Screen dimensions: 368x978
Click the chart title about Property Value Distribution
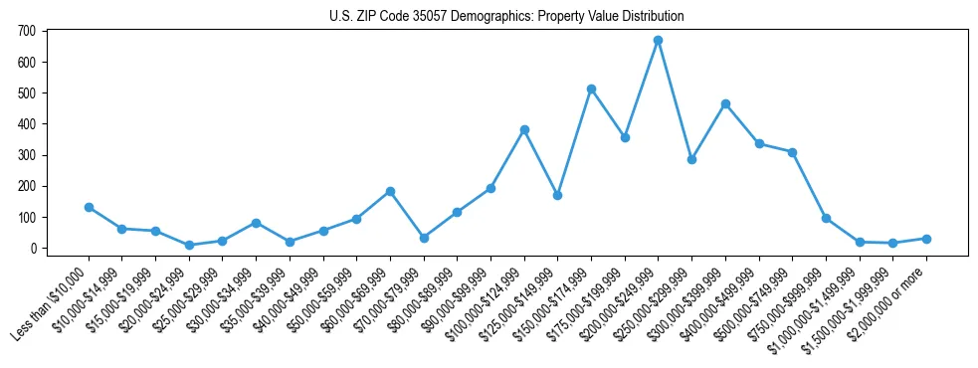506,17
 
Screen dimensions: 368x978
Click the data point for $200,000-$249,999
658,41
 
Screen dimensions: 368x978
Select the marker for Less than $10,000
89,207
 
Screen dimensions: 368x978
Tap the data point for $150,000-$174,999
591,89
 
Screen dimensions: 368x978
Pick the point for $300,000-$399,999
725,103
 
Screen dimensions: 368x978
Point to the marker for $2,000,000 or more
926,239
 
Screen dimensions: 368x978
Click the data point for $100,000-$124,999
524,129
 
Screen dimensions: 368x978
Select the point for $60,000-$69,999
390,191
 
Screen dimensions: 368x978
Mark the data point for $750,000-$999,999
826,218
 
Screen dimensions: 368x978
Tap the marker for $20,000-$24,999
189,245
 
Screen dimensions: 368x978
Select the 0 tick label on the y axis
32,249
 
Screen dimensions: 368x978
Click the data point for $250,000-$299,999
691,159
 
